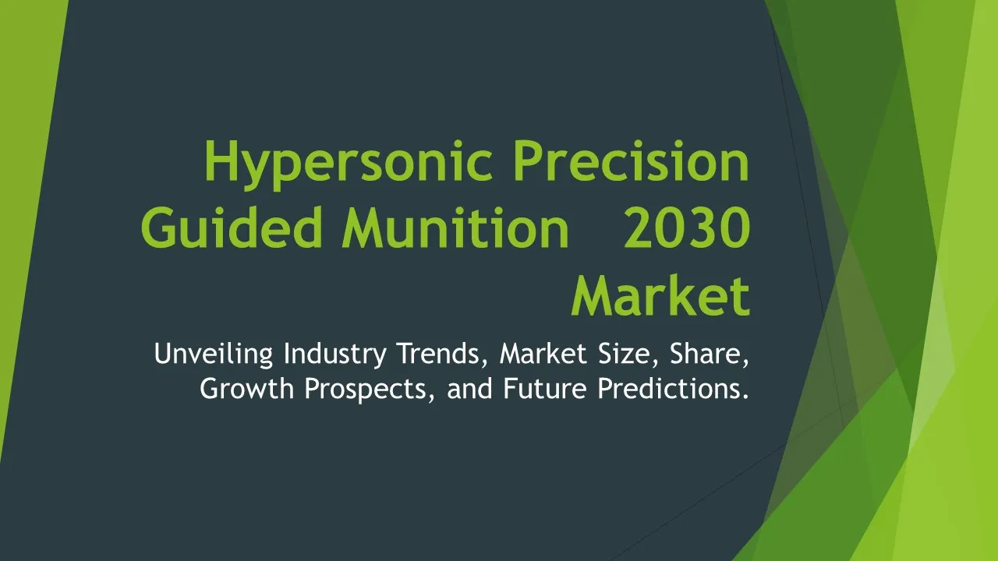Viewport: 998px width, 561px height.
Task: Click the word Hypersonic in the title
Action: [x=349, y=164]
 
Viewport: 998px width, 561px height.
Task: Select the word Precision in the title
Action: [x=632, y=161]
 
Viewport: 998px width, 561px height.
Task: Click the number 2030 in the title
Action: [x=687, y=228]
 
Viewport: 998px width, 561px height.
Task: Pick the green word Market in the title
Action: [x=660, y=295]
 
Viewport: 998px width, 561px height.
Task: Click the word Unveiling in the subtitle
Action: [x=214, y=354]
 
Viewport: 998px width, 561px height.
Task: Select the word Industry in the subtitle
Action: [x=335, y=354]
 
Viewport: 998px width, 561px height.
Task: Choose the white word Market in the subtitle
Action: [x=543, y=354]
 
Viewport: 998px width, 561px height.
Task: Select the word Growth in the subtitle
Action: [x=247, y=388]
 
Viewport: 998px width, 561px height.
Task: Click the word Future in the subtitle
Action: [x=545, y=388]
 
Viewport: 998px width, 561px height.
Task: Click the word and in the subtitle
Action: [x=469, y=388]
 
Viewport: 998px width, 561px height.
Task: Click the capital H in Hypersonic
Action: [x=220, y=161]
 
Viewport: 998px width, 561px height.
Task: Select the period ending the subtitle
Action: [x=746, y=397]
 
